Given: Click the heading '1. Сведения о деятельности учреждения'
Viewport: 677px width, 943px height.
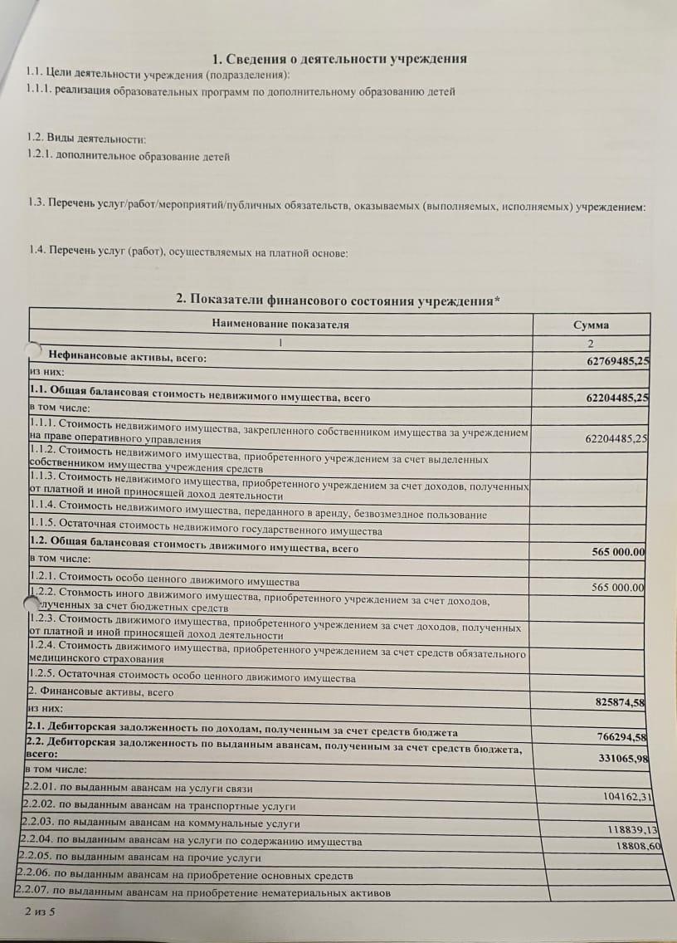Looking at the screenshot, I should pos(339,59).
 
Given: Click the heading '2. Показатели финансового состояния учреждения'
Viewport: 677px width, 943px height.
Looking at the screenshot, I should pos(338,299).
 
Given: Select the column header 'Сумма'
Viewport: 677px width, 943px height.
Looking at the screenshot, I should pos(591,325).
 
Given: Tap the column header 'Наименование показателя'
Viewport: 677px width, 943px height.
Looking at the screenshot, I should pos(280,324).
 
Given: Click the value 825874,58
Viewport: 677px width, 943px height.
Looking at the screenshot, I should pos(621,702).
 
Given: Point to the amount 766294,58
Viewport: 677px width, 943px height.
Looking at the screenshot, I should pos(622,737).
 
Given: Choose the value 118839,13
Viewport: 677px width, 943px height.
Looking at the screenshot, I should pos(633,829).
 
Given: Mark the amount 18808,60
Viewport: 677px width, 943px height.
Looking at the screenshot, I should pos(639,845).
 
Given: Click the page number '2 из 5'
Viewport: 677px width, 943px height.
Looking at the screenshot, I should pos(40,911).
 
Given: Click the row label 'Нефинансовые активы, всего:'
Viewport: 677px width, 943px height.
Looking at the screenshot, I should pos(128,357).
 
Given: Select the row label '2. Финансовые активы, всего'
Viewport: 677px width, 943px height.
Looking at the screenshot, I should pos(101,692).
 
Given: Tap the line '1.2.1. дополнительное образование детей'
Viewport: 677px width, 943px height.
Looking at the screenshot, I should pos(128,155).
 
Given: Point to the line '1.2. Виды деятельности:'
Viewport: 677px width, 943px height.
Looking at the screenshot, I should pos(86,139).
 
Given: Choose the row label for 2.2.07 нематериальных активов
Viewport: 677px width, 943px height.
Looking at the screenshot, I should pos(203,893).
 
